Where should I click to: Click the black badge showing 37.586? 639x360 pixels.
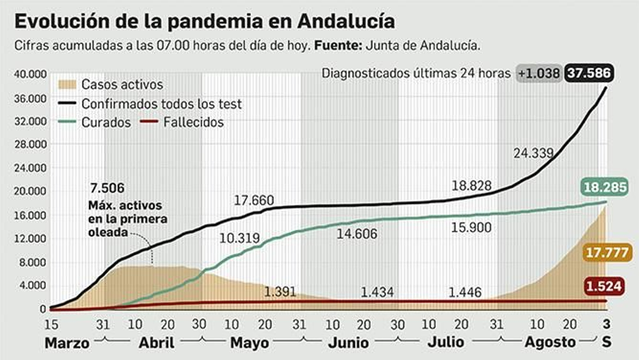[589, 73]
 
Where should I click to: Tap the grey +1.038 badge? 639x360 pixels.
[539, 74]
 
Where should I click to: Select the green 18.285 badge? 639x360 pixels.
[605, 187]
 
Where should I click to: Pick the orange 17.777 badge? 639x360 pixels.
[607, 253]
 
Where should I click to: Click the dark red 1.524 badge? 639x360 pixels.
[604, 286]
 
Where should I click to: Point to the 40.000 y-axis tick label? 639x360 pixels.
[30, 74]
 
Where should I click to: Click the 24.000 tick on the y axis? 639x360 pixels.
[30, 168]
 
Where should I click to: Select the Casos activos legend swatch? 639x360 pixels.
[67, 84]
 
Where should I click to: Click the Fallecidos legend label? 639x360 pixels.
[194, 122]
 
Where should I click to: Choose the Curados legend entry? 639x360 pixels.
[106, 122]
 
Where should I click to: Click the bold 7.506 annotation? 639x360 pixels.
[107, 188]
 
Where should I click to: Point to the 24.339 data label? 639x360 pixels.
[533, 153]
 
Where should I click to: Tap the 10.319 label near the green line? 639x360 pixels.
[239, 238]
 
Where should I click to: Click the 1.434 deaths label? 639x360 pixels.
[377, 292]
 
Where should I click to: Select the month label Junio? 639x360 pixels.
[348, 343]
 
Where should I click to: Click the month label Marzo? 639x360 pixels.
[67, 343]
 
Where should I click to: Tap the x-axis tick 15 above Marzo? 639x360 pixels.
[51, 324]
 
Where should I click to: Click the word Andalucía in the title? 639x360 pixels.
[346, 22]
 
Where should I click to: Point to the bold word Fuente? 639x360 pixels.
[338, 46]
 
